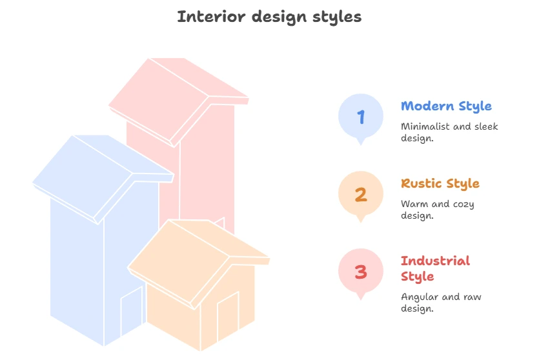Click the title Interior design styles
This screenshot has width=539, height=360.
[269, 17]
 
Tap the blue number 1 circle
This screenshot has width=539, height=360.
[361, 116]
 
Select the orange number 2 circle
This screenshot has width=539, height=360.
[361, 194]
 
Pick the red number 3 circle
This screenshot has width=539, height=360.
[361, 271]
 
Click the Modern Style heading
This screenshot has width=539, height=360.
[446, 106]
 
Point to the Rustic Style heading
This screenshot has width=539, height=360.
[440, 184]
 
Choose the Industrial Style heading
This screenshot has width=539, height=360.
[435, 268]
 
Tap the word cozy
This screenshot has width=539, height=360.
[463, 205]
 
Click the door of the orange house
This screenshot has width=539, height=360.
[228, 316]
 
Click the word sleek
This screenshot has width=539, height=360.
[486, 126]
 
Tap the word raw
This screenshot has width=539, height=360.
[472, 297]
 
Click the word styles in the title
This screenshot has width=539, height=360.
[337, 17]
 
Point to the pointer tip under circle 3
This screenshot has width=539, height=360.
[361, 299]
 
